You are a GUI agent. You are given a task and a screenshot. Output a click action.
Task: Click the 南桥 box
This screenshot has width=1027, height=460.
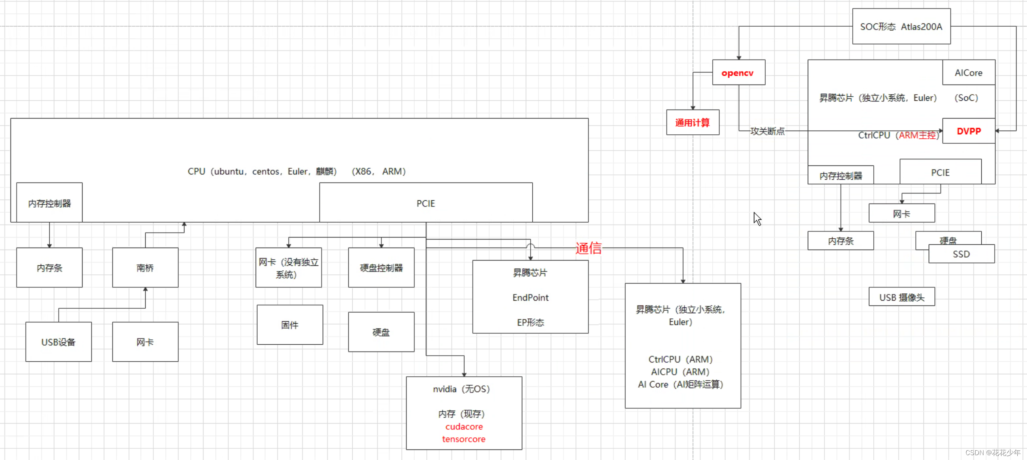[145, 267]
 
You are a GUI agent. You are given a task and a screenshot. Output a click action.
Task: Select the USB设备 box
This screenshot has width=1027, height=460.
[59, 342]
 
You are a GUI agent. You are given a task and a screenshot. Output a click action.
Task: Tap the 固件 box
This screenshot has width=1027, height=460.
[290, 325]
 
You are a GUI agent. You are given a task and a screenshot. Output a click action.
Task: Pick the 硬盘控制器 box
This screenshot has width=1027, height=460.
[381, 267]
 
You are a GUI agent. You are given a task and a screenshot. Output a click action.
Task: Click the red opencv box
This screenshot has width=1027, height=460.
[738, 73]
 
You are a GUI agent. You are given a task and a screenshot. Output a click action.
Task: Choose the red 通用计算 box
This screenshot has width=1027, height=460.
[692, 122]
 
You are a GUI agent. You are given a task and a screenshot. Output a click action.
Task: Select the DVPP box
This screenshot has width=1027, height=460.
[968, 131]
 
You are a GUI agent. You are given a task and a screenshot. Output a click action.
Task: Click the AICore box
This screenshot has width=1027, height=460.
[968, 73]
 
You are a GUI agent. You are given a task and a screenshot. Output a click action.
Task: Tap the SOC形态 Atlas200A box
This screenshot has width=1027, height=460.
[901, 27]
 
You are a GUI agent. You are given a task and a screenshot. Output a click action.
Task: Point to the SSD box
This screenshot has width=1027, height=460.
[961, 254]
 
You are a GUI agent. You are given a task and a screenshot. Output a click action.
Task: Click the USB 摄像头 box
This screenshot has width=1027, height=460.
[902, 297]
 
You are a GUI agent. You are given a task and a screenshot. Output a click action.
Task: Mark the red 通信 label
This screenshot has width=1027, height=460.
[589, 248]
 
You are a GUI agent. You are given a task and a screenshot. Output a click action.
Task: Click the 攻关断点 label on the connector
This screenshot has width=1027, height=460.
[767, 131]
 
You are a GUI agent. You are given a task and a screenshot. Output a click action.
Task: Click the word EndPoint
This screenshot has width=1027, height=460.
[530, 297]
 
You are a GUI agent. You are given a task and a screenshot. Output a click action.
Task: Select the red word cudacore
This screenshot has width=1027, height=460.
[464, 426]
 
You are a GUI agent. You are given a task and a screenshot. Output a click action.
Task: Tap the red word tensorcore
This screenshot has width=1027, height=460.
[464, 439]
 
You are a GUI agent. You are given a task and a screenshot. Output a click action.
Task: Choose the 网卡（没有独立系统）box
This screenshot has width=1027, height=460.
[288, 267]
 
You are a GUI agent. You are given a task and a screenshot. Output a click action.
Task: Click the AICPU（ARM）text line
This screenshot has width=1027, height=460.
[680, 371]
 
